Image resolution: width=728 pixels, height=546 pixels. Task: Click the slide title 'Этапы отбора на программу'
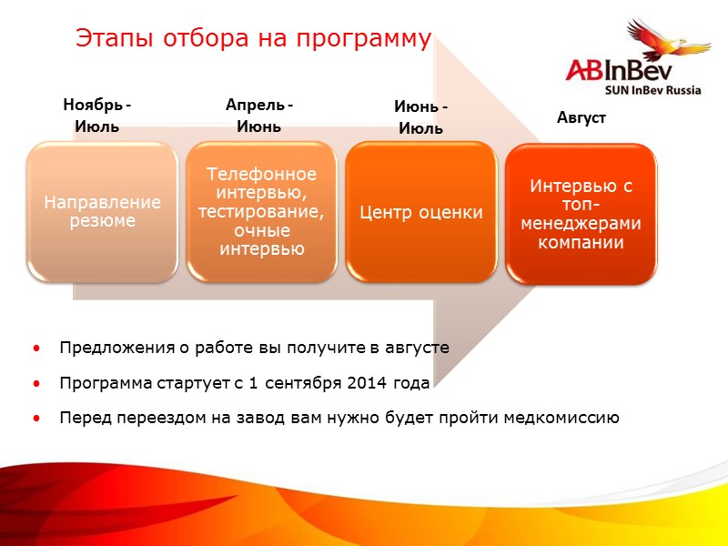pyautogui.click(x=252, y=38)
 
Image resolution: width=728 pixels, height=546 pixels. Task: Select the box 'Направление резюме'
pyautogui.click(x=102, y=211)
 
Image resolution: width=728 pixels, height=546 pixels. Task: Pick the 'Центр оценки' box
pyautogui.click(x=421, y=212)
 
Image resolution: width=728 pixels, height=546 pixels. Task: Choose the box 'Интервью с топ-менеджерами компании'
pyautogui.click(x=580, y=215)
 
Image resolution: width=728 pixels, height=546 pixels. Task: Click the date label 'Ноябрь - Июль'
pyautogui.click(x=96, y=116)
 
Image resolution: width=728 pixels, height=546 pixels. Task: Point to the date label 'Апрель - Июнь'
pyautogui.click(x=258, y=116)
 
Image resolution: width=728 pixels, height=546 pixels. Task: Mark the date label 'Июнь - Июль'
pyautogui.click(x=420, y=118)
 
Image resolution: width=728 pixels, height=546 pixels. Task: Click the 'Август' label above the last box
pyautogui.click(x=581, y=118)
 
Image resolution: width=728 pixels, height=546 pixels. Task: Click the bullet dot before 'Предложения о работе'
pyautogui.click(x=35, y=349)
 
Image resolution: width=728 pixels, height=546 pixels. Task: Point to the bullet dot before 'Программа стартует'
pyautogui.click(x=35, y=384)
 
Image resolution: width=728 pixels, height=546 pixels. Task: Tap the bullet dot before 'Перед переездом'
pyautogui.click(x=35, y=419)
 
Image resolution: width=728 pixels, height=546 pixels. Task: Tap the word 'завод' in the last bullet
pyautogui.click(x=228, y=418)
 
